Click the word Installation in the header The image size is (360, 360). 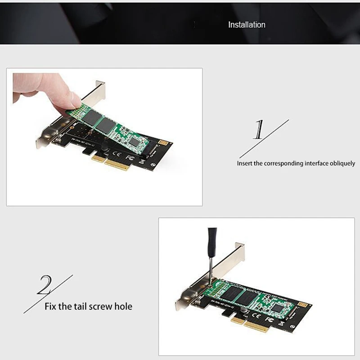[x=247, y=25]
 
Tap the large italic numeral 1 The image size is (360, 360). [x=259, y=130]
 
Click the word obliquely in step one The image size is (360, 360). [x=342, y=163]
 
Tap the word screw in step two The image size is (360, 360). [x=100, y=307]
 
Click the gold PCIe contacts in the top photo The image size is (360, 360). [x=111, y=162]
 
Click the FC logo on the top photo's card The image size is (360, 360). [x=130, y=157]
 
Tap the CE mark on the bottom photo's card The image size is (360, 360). [x=256, y=315]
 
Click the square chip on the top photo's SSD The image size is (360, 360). [x=133, y=143]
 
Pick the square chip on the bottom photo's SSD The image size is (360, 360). [x=278, y=308]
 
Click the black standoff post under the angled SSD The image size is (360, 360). [x=104, y=146]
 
